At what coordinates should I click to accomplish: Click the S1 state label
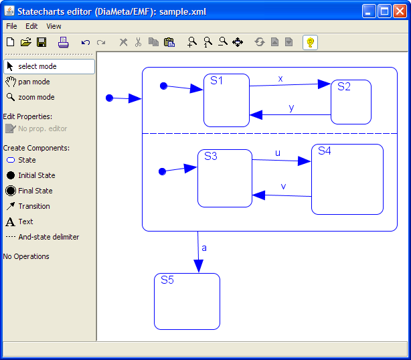click(216, 81)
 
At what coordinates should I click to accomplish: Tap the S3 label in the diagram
click(211, 157)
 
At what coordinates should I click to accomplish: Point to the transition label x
click(280, 79)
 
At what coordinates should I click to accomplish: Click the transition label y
click(291, 108)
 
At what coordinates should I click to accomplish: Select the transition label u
click(278, 153)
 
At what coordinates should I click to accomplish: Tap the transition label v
click(283, 186)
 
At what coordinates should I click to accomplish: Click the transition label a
click(204, 248)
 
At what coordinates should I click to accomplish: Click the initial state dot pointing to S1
click(163, 86)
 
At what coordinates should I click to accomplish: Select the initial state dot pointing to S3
click(162, 171)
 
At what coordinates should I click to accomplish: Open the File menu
click(11, 26)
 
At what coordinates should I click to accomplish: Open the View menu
click(54, 26)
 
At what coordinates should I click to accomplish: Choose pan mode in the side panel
click(33, 82)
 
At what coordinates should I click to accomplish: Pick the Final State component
click(35, 191)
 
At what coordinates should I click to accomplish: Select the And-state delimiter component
click(48, 237)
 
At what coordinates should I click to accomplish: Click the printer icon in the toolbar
click(63, 42)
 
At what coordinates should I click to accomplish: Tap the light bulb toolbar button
click(310, 42)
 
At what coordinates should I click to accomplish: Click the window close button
click(399, 11)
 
